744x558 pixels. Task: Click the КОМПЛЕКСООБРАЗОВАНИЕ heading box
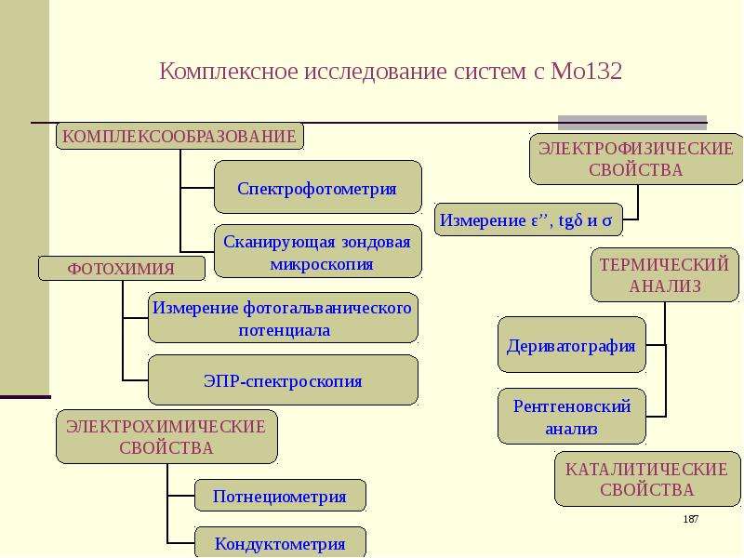click(x=179, y=136)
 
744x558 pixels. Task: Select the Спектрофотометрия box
click(x=318, y=187)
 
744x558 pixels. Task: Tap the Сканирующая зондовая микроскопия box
click(x=318, y=251)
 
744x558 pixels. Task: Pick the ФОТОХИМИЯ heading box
click(x=122, y=269)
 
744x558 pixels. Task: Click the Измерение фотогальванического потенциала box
click(x=284, y=318)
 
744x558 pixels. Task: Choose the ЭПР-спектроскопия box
click(x=284, y=380)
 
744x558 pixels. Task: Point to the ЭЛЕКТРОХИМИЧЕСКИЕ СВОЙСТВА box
click(x=166, y=436)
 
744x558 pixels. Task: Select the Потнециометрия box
click(x=280, y=496)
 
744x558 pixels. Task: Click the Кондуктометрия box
click(x=280, y=542)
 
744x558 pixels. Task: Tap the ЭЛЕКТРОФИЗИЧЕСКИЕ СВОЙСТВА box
click(x=636, y=159)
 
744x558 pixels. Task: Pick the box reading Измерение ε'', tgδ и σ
click(x=528, y=219)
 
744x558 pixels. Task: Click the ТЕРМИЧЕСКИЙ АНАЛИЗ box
click(x=665, y=274)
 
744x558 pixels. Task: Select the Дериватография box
click(x=572, y=345)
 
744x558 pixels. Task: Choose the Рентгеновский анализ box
click(x=572, y=417)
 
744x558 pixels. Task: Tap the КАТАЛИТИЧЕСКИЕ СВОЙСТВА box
click(x=647, y=479)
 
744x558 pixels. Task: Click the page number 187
click(x=691, y=519)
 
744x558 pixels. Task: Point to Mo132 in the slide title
click(x=587, y=72)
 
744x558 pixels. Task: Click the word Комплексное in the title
click(x=229, y=73)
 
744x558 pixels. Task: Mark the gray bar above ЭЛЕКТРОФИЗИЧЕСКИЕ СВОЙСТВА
click(x=632, y=123)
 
